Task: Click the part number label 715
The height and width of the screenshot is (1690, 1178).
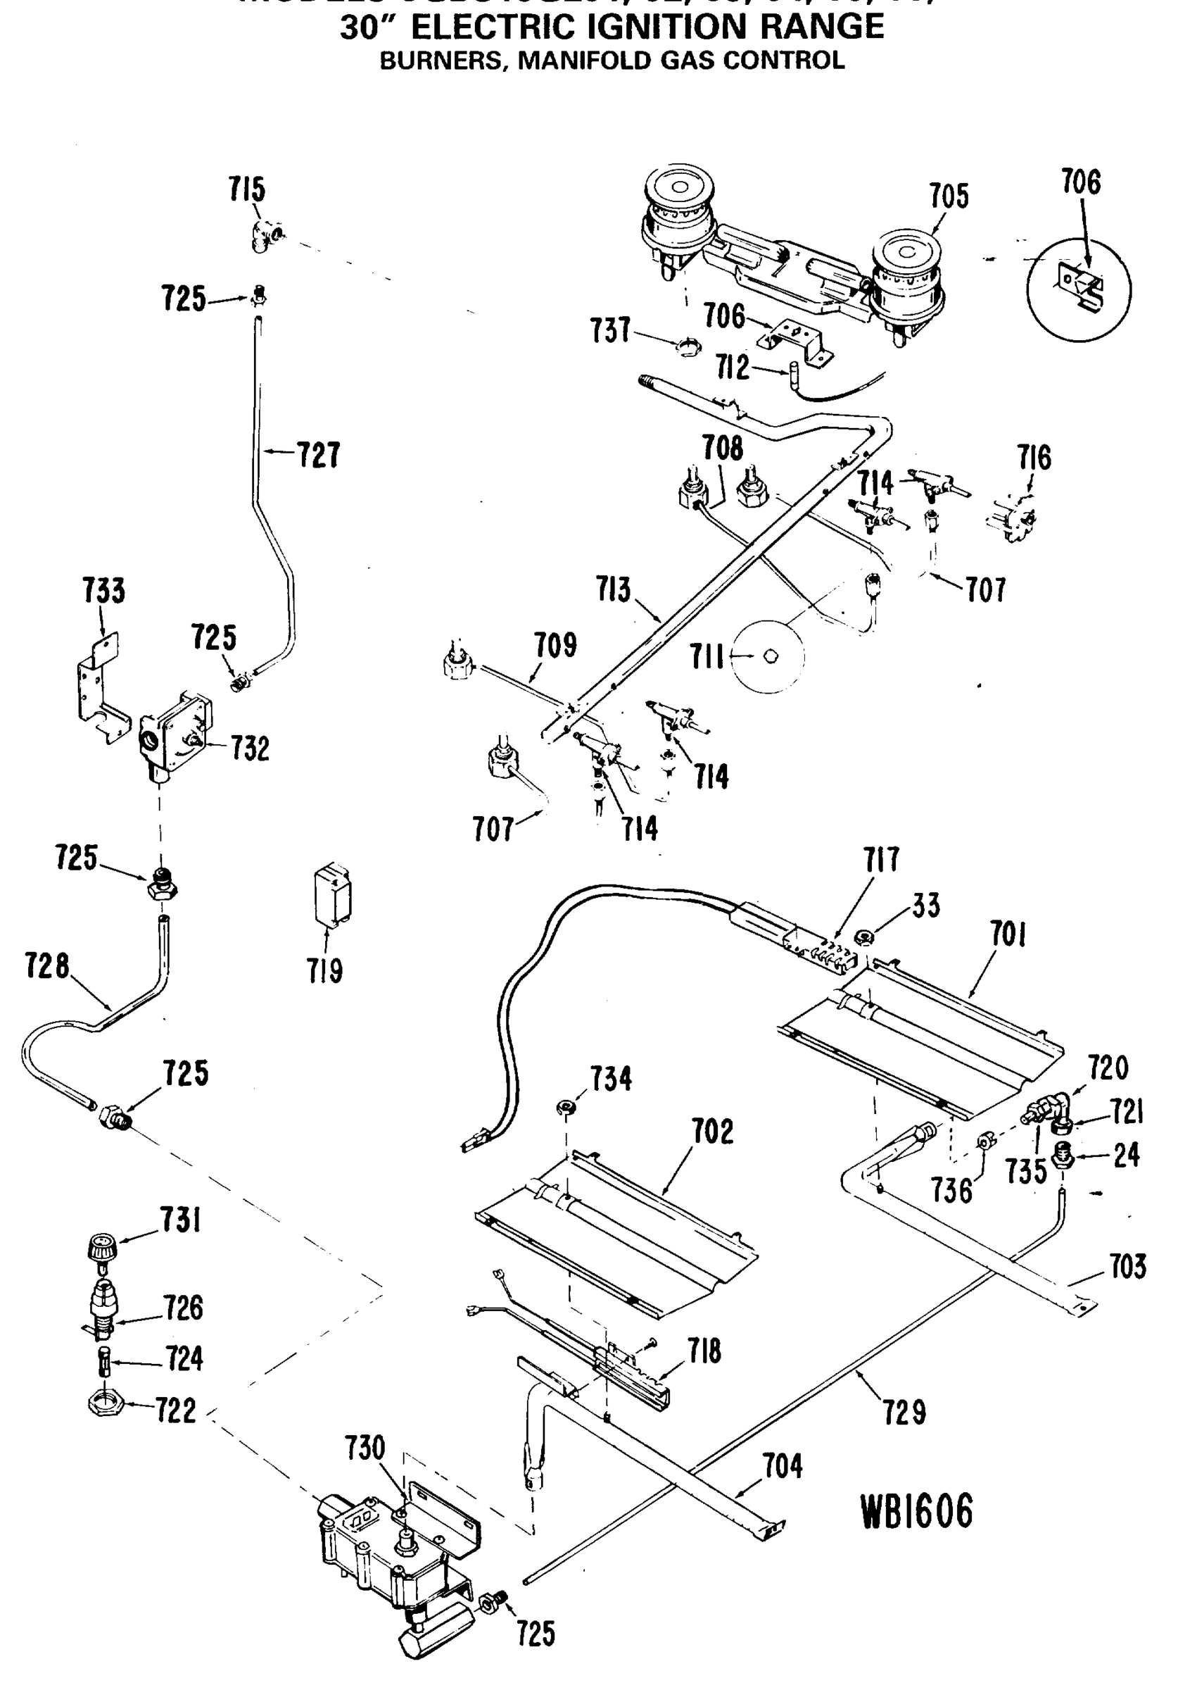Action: (x=246, y=190)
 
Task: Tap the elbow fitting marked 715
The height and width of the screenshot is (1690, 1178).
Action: (x=264, y=237)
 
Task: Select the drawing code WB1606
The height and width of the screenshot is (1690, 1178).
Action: (x=916, y=1512)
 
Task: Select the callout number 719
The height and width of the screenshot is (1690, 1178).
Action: (x=325, y=972)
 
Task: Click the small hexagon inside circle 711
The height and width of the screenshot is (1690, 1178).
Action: (x=771, y=656)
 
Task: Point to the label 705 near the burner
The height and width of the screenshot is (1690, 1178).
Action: (x=949, y=196)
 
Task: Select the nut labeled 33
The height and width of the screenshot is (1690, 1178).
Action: (x=866, y=938)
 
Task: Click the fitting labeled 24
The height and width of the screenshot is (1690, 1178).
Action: (x=1063, y=1159)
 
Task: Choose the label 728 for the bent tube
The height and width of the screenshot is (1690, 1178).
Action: (x=47, y=965)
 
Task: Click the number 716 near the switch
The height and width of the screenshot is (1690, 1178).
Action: (x=1034, y=458)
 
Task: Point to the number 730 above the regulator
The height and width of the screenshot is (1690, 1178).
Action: (x=365, y=1448)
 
